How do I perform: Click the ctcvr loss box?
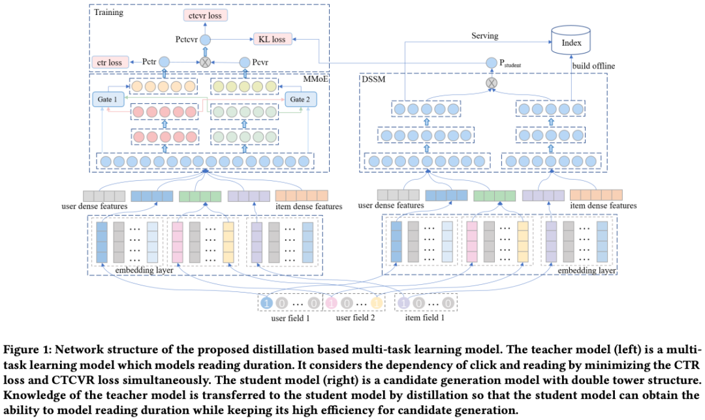click(205, 15)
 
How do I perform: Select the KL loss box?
click(272, 39)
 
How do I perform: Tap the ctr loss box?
click(110, 62)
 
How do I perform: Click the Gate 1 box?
click(108, 99)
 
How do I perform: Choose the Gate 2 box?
click(300, 99)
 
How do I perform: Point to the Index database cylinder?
click(571, 40)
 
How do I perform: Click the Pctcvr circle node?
click(205, 40)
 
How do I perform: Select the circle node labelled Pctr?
click(164, 62)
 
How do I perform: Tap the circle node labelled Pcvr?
click(245, 62)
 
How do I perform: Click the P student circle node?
click(492, 63)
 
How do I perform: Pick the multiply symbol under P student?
click(492, 83)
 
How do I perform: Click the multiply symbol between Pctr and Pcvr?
click(205, 62)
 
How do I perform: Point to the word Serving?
click(484, 35)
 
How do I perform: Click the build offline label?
click(593, 66)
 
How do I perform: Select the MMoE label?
click(316, 79)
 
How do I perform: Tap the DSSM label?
click(373, 79)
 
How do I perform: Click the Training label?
click(108, 12)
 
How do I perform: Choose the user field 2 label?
click(355, 318)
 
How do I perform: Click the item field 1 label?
click(424, 318)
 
